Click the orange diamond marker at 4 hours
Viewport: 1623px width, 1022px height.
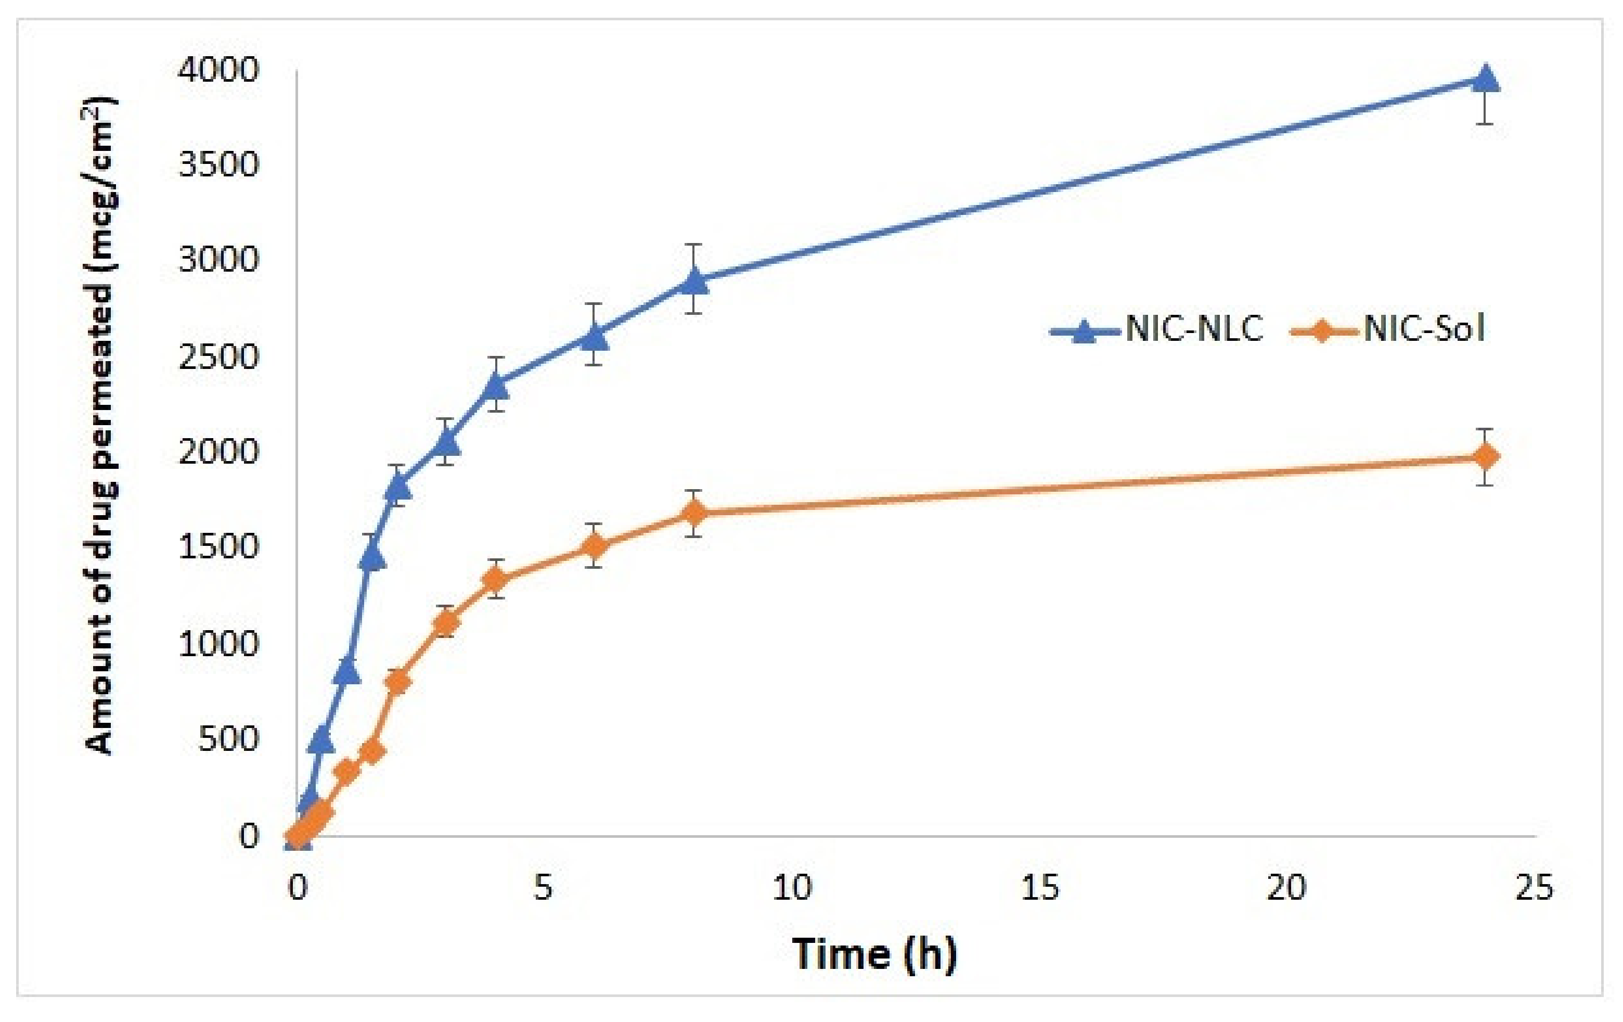495,579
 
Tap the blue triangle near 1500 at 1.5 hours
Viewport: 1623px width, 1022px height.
372,557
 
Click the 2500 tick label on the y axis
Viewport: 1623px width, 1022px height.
218,357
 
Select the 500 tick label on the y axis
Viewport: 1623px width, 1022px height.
228,739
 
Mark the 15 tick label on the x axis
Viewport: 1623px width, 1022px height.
1040,888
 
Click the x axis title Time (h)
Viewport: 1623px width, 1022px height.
874,954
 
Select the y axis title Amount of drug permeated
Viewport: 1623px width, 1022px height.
100,425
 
